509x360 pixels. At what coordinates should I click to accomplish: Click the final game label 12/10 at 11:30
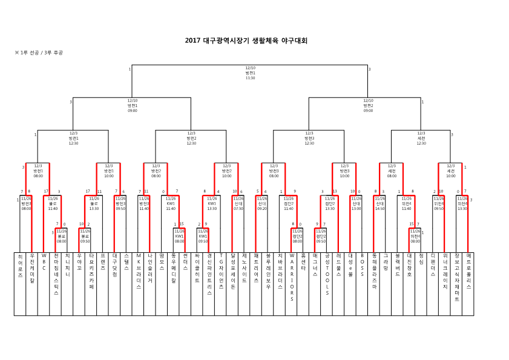click(250, 73)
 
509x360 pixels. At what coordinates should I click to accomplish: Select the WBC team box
click(44, 283)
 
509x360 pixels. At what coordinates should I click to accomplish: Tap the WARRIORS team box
click(292, 283)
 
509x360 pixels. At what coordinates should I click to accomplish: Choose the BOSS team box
click(362, 283)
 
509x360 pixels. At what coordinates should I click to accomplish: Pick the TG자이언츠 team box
click(221, 283)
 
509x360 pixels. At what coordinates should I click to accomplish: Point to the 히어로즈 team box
click(20, 283)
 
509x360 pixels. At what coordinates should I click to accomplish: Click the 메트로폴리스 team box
click(468, 283)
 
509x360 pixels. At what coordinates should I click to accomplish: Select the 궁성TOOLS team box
click(327, 283)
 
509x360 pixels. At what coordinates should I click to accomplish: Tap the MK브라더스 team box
click(138, 283)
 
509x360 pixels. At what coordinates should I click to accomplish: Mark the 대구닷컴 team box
click(114, 283)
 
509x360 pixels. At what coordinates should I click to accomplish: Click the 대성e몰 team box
click(350, 283)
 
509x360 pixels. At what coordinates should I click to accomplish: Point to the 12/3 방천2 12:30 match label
click(191, 138)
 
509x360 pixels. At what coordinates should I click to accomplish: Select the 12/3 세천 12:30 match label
click(421, 138)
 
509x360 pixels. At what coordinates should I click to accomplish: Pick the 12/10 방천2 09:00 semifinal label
click(368, 105)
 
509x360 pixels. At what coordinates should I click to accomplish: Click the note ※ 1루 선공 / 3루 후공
click(39, 53)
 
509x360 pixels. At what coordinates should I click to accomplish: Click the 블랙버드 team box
click(398, 283)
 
